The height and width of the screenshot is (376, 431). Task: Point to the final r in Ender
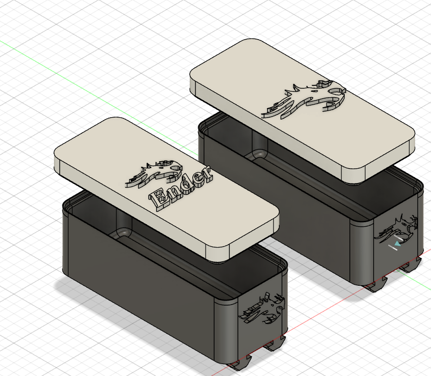point(207,174)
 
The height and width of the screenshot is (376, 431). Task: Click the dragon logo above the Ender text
point(154,174)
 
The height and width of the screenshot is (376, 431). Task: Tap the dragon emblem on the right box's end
point(396,230)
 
